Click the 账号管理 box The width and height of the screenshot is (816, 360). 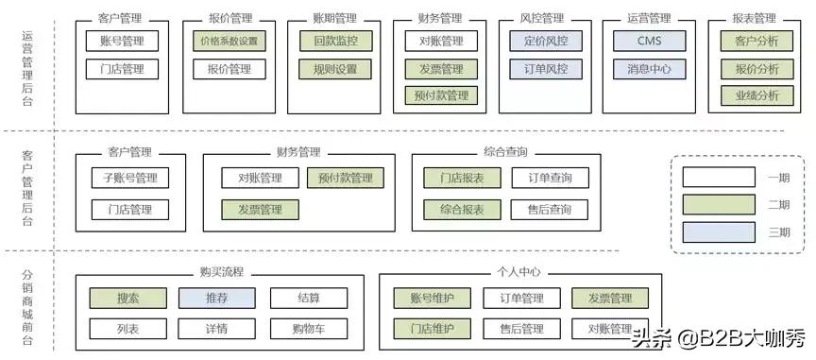coord(122,41)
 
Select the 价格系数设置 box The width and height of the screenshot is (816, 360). coord(228,41)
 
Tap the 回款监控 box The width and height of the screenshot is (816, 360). coord(335,41)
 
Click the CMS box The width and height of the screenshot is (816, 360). coord(649,41)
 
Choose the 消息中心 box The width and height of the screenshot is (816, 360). coord(649,69)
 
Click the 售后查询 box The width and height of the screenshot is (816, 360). coord(549,210)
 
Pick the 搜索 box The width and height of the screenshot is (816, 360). coord(128,299)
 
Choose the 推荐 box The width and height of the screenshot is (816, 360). coord(216,299)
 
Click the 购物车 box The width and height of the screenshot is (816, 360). coord(308,329)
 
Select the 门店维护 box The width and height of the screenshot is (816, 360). coord(432,329)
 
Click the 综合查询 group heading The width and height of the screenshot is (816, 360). coord(505,152)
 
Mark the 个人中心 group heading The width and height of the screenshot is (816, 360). coord(518,272)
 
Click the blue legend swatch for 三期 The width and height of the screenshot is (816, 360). coord(719,231)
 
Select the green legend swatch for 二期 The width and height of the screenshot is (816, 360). coord(719,203)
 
